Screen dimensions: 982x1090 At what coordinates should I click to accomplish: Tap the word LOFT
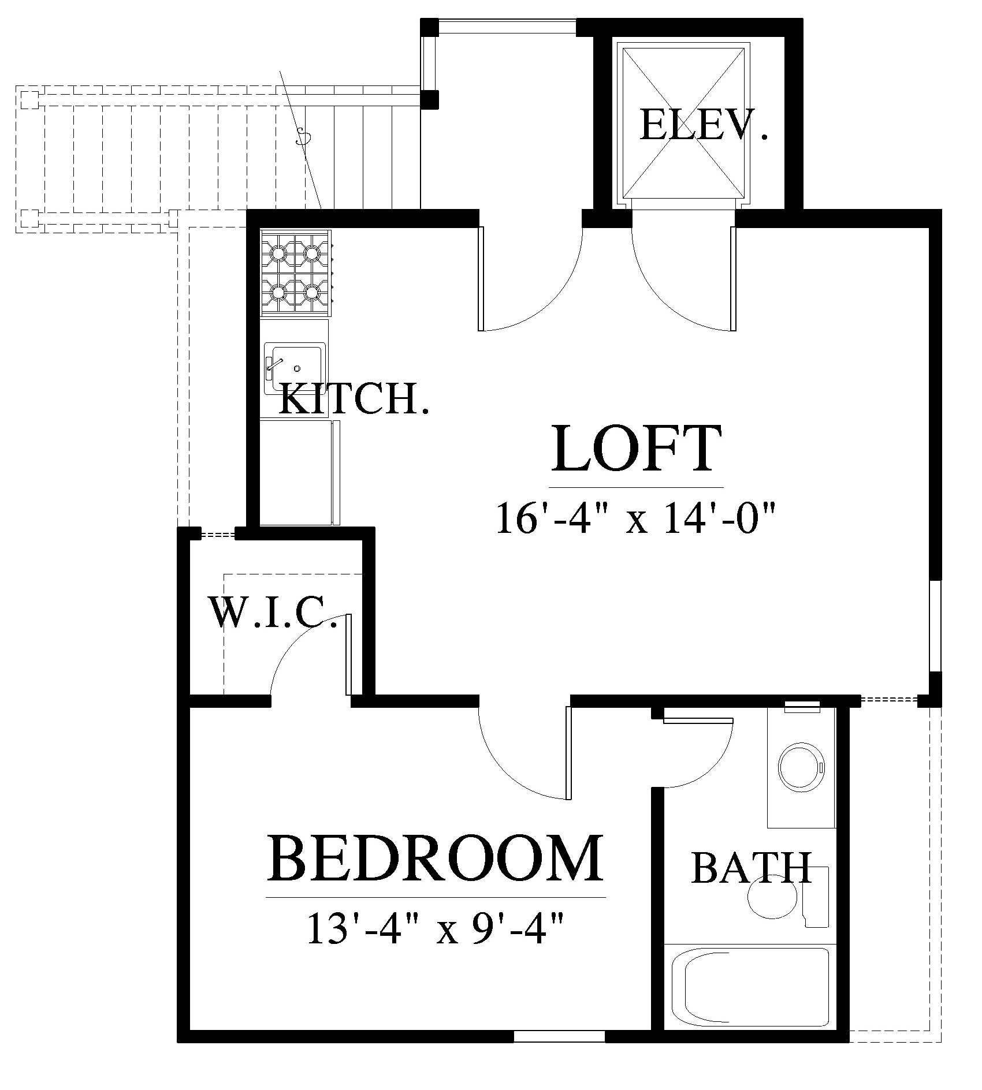(x=637, y=449)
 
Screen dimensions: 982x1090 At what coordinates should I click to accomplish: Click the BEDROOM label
(x=436, y=864)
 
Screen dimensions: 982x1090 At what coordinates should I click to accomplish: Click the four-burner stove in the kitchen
(x=296, y=272)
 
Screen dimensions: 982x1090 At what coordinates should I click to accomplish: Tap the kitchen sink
(x=293, y=368)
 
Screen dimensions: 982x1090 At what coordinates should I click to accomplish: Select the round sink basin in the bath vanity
(x=800, y=768)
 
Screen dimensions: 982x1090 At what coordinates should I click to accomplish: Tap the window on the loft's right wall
(x=935, y=626)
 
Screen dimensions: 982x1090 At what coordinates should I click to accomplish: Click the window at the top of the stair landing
(x=507, y=27)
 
